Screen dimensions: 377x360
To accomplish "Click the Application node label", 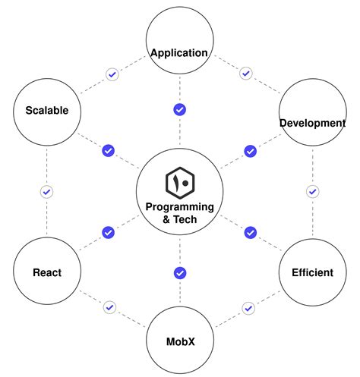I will [x=179, y=52].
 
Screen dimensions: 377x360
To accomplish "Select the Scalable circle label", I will [x=46, y=110].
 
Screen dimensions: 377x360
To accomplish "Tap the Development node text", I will [x=312, y=123].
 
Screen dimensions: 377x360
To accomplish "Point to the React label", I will [x=46, y=272].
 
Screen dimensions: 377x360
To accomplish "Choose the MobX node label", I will [x=180, y=341].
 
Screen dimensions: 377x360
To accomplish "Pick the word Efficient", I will [x=312, y=272].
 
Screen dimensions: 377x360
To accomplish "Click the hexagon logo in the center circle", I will [x=180, y=183].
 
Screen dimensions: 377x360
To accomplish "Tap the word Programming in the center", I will [x=180, y=207].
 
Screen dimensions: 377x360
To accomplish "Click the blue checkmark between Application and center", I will [x=180, y=109].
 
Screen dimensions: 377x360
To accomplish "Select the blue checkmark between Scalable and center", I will [x=108, y=150].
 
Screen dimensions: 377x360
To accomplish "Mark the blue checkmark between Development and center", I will [x=250, y=150].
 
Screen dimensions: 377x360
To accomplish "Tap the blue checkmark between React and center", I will [x=108, y=231].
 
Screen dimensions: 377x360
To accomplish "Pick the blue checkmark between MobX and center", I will [x=180, y=272].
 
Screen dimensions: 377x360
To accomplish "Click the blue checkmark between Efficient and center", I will [x=250, y=231].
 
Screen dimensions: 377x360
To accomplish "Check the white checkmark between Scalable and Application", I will [x=112, y=74].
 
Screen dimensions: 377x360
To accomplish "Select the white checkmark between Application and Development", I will [x=245, y=74].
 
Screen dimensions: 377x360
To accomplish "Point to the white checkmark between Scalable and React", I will [x=46, y=191].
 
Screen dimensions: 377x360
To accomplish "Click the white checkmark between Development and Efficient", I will [x=312, y=191].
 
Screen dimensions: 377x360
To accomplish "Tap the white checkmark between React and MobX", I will [x=110, y=307].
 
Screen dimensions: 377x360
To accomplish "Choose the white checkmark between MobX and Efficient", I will [x=248, y=307].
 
